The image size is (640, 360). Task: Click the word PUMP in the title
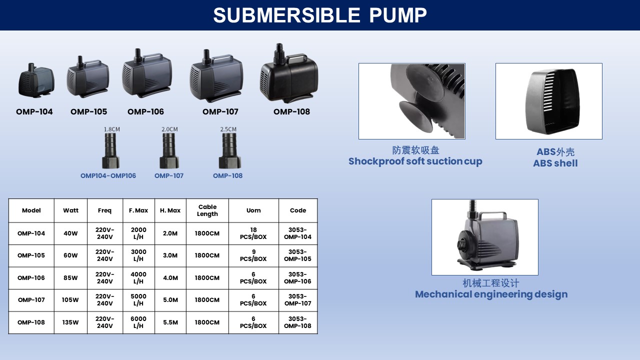pos(398,15)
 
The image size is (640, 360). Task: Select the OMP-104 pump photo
pos(36,80)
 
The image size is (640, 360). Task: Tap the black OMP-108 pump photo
pos(289,73)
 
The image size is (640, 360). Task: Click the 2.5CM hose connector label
pos(228,129)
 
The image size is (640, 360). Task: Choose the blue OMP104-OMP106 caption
pos(108,175)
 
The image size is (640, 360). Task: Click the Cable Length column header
pos(207,210)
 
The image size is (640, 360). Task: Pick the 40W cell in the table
pos(70,233)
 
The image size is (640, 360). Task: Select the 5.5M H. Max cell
pos(170,322)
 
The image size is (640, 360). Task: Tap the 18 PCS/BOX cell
pos(253,233)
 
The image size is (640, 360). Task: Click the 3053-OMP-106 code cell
pos(297,277)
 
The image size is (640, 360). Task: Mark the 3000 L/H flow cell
pos(138,255)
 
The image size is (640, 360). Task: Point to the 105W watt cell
pos(70,300)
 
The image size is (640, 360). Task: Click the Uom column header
pos(253,210)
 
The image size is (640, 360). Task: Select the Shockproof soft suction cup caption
pos(415,161)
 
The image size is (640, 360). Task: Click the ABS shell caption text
pos(555,163)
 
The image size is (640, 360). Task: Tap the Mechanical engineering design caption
pos(491,294)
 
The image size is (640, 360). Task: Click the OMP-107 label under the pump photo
pos(220,111)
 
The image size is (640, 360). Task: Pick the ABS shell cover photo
pos(549,101)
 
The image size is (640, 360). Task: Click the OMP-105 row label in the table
pos(31,255)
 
